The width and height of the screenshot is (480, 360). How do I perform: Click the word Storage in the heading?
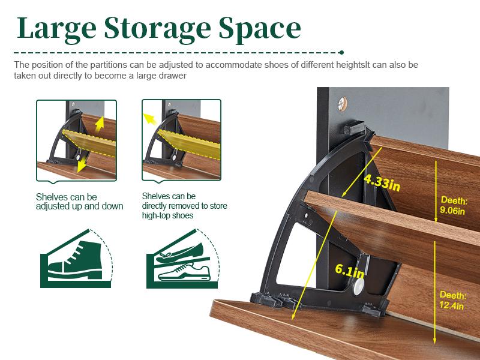coord(157,29)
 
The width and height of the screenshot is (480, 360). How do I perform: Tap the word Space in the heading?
coord(260,29)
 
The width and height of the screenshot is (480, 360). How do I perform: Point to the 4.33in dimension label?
coord(382,182)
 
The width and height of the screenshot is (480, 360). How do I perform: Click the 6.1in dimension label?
coord(349,271)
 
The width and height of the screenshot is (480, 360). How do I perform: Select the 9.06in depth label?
coord(454,205)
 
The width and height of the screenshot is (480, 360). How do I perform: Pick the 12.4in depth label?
coord(452,301)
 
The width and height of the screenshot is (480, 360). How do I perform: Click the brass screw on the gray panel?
coord(343,103)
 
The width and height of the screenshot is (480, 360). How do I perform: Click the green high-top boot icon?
coord(74,261)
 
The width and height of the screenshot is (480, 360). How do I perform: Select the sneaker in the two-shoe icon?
coord(184,272)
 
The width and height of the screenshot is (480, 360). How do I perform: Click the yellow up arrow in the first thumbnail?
coord(100,124)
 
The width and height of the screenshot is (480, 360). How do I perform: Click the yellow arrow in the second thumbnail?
coord(149,119)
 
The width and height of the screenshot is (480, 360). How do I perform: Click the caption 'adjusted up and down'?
coord(79,206)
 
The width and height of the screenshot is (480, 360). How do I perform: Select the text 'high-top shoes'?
coord(167,215)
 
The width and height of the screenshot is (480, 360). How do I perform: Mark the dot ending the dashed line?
coord(341,53)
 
